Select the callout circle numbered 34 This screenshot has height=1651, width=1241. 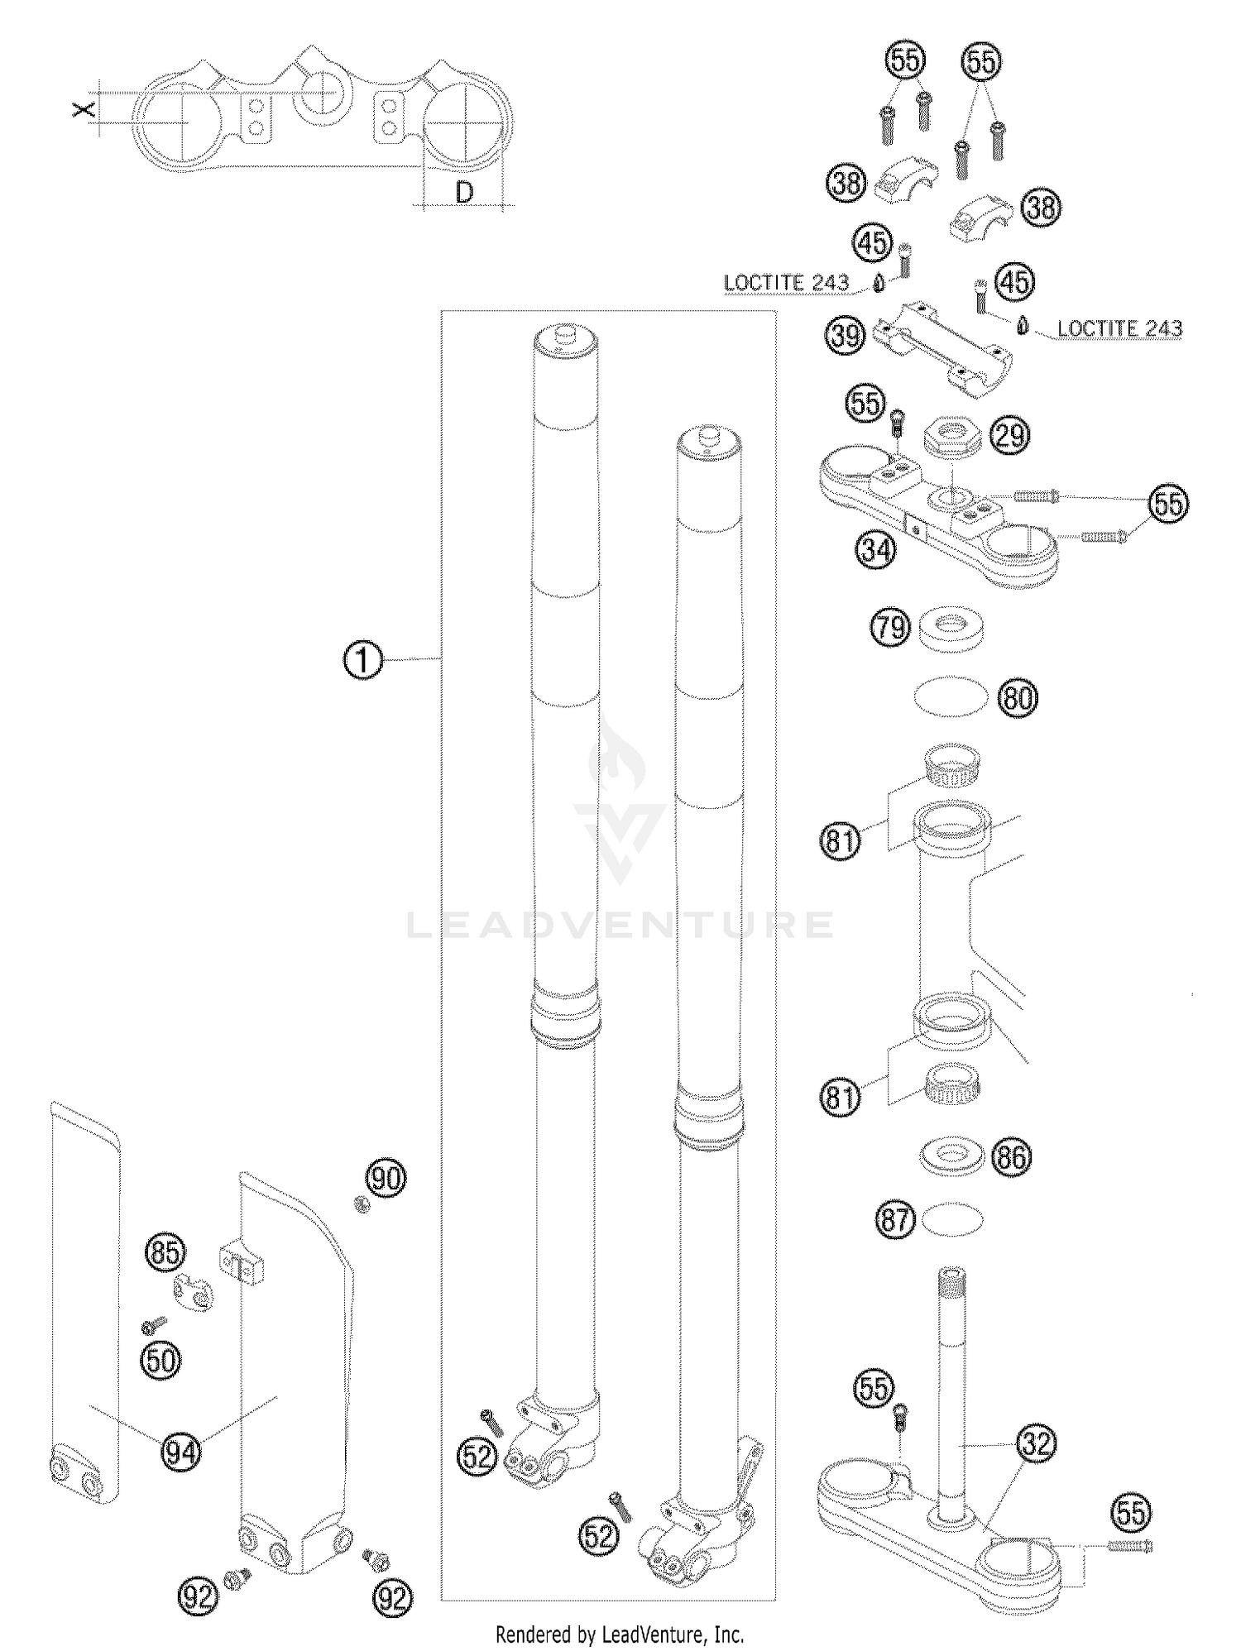876,549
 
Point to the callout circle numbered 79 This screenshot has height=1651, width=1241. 891,628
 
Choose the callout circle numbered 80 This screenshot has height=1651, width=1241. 1018,698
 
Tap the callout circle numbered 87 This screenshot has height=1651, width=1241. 896,1220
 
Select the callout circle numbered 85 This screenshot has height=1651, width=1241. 166,1252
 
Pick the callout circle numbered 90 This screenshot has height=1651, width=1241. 386,1177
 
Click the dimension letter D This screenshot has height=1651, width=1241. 465,193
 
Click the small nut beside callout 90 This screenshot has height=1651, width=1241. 362,1204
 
